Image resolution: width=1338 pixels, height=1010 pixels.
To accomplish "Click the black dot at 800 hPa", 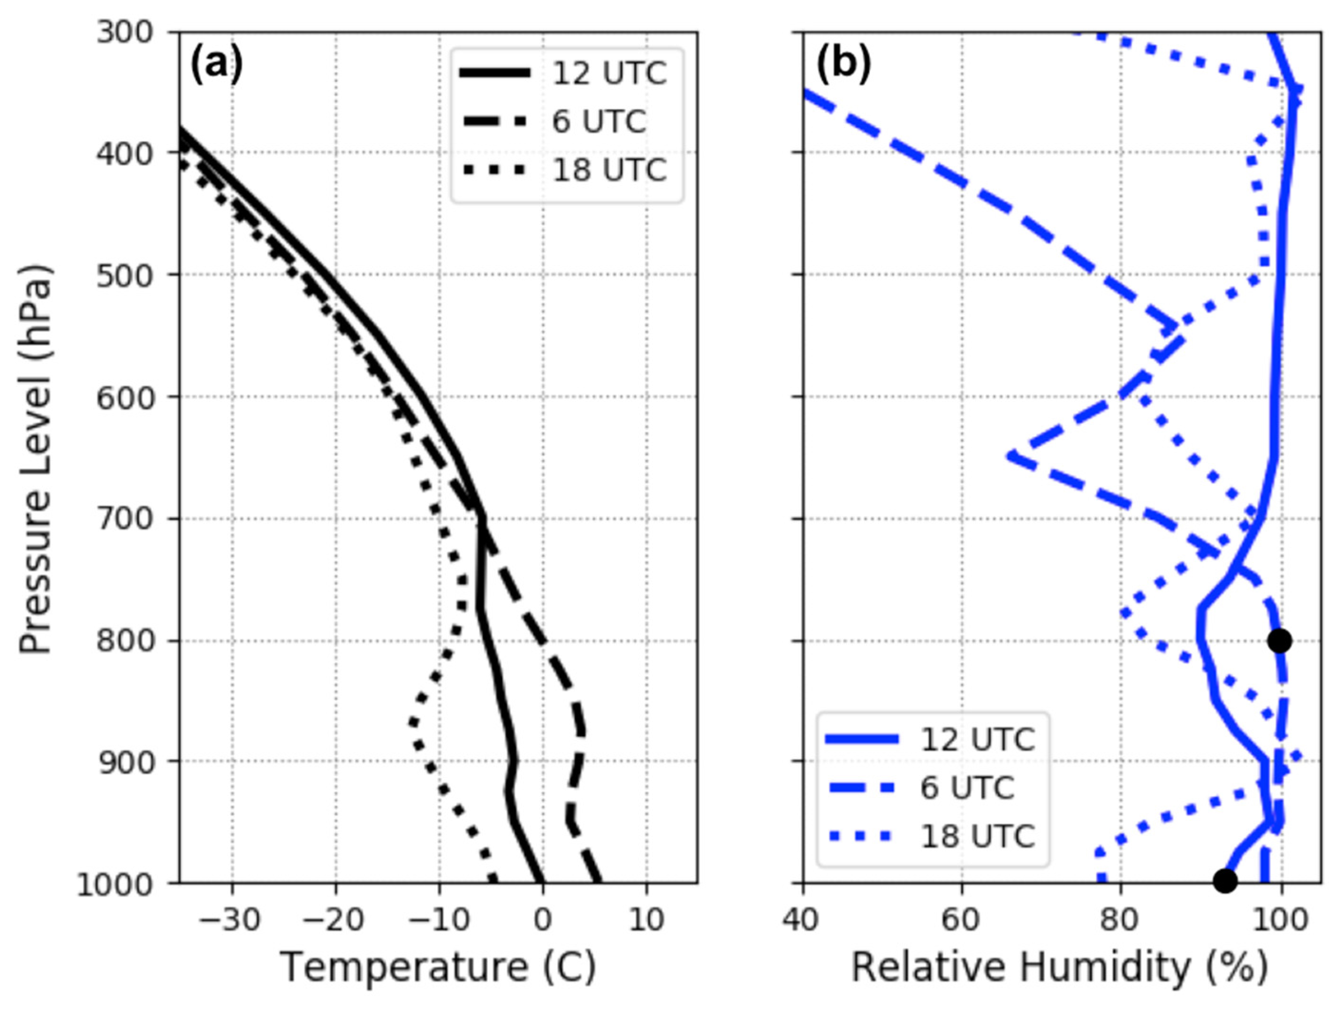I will point(1279,641).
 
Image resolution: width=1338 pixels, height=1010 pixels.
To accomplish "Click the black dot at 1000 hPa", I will point(1225,881).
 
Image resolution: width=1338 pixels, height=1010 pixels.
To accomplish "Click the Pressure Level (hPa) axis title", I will point(35,460).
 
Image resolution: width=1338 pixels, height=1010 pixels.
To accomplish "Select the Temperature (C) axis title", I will point(438,967).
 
